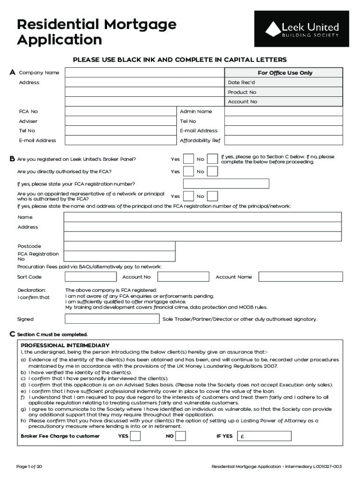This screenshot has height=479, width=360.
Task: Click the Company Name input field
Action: [x=144, y=73]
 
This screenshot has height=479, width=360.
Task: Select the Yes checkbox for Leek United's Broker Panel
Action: [x=188, y=159]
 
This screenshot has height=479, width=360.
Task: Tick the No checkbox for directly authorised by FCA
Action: [x=212, y=171]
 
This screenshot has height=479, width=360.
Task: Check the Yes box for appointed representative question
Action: [x=188, y=196]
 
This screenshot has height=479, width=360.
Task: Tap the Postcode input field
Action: [x=119, y=246]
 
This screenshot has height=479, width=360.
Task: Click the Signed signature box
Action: [x=112, y=319]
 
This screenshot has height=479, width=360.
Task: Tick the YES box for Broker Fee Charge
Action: [x=135, y=436]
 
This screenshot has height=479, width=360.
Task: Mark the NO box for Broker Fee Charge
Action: [x=180, y=436]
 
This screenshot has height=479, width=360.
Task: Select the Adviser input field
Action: [x=121, y=121]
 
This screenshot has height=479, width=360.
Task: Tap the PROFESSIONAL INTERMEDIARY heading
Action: [x=65, y=345]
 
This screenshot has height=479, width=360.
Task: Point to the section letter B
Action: [x=12, y=159]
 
